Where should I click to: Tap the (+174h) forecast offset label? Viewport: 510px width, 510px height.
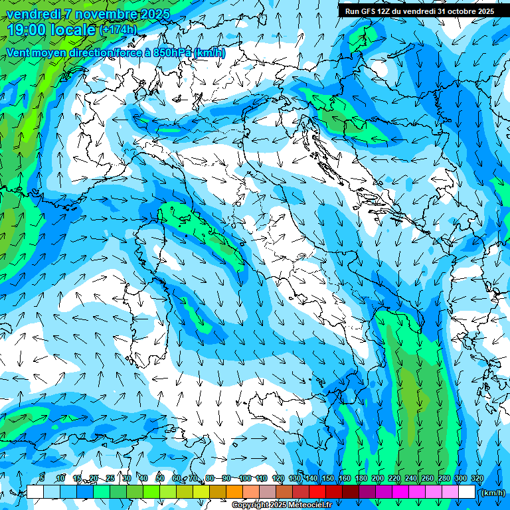(x=118, y=29)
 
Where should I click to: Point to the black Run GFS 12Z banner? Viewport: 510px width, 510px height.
(x=419, y=11)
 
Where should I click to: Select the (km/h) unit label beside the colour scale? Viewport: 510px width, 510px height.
(x=492, y=493)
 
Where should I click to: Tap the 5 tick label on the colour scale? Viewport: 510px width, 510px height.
(x=42, y=478)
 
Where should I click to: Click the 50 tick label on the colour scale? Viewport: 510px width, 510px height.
(x=159, y=478)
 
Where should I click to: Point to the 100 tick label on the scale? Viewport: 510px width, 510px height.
(x=245, y=478)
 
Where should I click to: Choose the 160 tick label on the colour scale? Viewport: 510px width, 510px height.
(x=345, y=478)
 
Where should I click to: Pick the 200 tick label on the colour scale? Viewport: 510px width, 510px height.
(x=378, y=478)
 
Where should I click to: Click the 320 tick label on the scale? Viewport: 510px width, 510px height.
(x=477, y=478)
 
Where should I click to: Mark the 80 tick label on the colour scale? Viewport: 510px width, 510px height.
(x=210, y=478)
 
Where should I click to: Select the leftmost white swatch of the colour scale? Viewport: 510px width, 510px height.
(x=35, y=492)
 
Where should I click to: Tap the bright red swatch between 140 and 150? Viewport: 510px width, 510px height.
(x=317, y=492)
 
